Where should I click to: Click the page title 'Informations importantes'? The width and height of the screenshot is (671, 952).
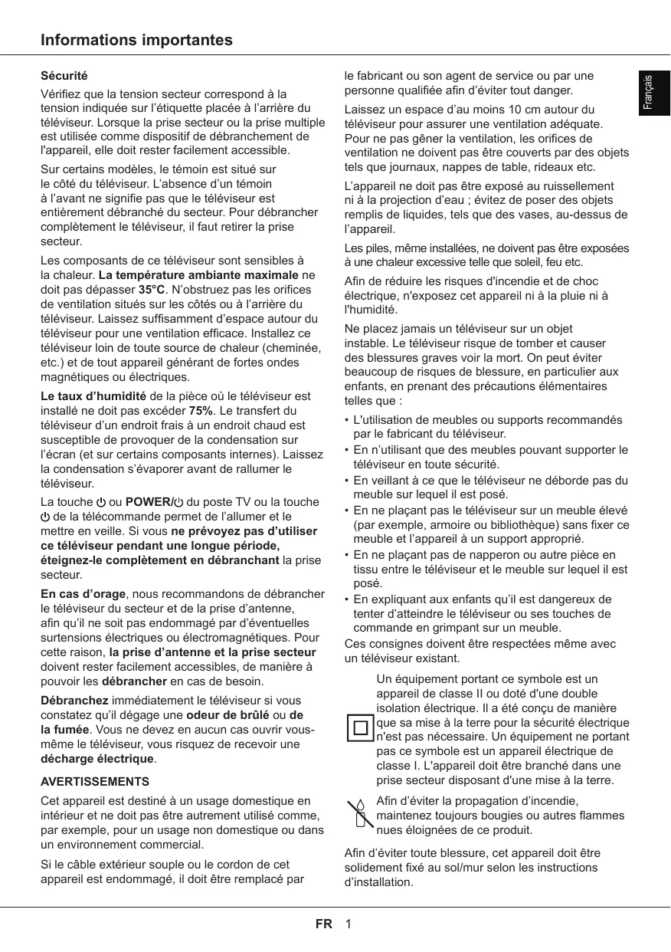136,40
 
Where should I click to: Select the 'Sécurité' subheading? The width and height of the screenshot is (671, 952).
64,77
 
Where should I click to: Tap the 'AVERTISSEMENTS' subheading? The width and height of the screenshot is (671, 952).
94,782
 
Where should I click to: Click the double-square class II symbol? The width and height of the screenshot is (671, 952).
359,727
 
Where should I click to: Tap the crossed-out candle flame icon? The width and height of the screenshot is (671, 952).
358,815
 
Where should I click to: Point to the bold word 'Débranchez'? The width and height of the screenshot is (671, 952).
74,701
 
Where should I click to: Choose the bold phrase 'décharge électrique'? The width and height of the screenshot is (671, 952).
97,759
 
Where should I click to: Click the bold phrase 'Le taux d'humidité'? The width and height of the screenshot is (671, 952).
93,396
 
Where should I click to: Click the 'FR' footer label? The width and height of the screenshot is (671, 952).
324,924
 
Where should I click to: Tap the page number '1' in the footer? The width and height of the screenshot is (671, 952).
348,924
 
